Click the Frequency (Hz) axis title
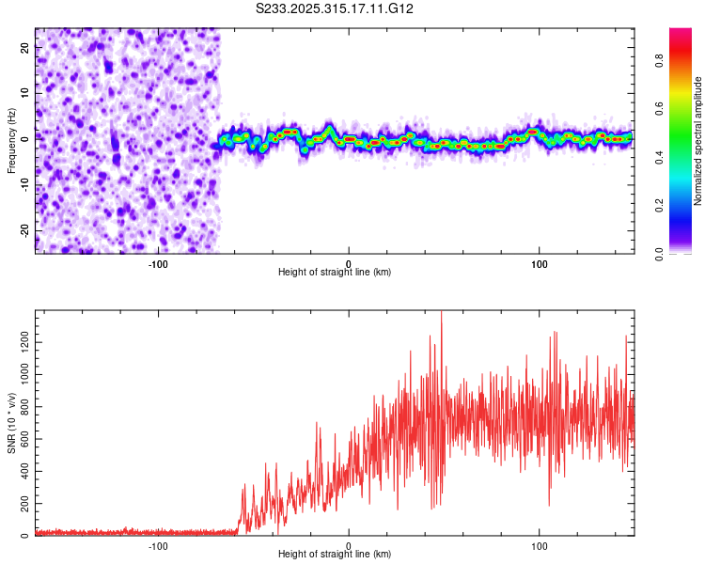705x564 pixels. [11, 140]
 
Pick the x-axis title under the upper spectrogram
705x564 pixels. [335, 272]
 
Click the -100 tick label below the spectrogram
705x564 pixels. [157, 262]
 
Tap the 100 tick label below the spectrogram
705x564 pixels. [540, 262]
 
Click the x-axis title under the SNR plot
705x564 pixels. [335, 555]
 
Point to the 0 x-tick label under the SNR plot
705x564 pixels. [349, 545]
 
